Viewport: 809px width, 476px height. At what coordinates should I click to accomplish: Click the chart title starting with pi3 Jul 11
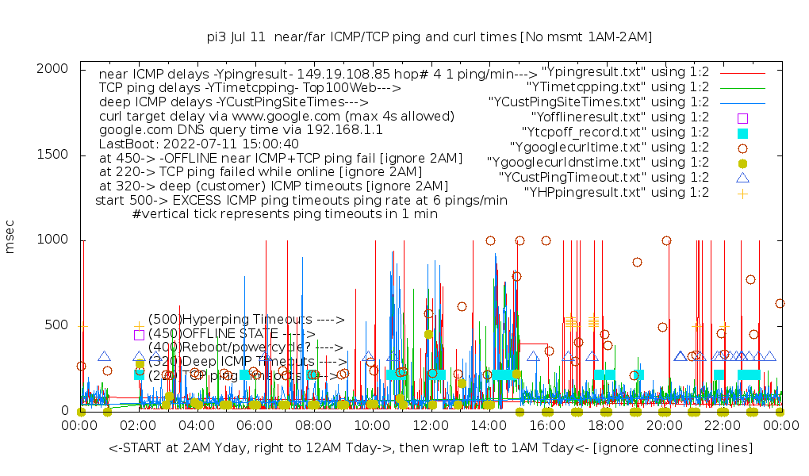pyautogui.click(x=429, y=36)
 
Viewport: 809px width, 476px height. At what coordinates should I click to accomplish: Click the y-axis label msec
pyautogui.click(x=10, y=240)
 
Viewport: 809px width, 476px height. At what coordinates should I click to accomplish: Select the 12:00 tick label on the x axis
pyautogui.click(x=431, y=426)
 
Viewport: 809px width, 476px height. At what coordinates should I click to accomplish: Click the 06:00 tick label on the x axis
pyautogui.click(x=255, y=426)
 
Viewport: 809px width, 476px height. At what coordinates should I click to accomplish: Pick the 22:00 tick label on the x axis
pyautogui.click(x=723, y=426)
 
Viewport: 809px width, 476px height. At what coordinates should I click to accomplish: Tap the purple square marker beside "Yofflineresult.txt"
pyautogui.click(x=742, y=117)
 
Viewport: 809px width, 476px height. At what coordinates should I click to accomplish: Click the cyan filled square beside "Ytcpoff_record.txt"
pyautogui.click(x=742, y=132)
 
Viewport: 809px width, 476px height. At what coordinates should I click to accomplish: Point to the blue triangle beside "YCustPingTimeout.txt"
pyautogui.click(x=742, y=178)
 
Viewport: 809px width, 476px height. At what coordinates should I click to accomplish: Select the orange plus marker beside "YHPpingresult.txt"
pyautogui.click(x=742, y=193)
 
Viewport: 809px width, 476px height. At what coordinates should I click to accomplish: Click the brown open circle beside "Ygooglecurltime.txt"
pyautogui.click(x=742, y=148)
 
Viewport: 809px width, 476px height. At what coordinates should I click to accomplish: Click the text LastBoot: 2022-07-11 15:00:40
pyautogui.click(x=198, y=144)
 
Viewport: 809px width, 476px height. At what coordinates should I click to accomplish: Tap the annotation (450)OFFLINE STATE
pyautogui.click(x=230, y=334)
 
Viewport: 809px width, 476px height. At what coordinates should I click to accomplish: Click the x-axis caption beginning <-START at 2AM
pyautogui.click(x=431, y=448)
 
